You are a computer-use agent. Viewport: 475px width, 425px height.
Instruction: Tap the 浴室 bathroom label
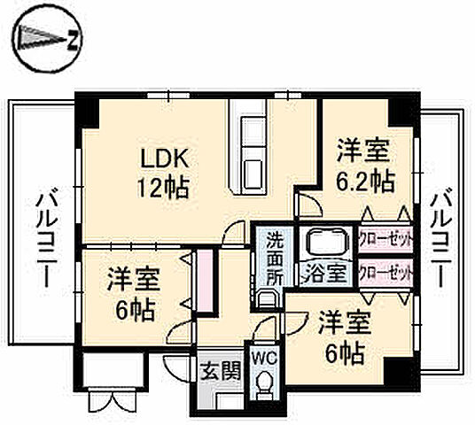tap(325, 272)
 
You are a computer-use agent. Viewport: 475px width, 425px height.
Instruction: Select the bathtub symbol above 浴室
tap(325, 242)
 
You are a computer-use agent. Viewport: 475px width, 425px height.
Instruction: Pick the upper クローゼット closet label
tap(385, 238)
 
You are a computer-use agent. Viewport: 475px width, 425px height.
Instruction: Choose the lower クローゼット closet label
tap(385, 272)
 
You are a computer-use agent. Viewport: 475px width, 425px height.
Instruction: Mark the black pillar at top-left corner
tap(87, 112)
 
